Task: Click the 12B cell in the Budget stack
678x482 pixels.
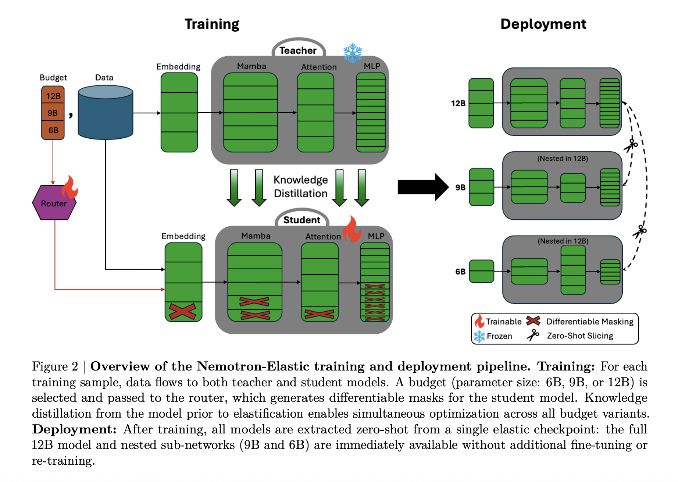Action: pyautogui.click(x=53, y=96)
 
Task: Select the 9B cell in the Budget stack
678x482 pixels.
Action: pyautogui.click(x=53, y=113)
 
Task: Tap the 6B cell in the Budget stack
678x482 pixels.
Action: pyautogui.click(x=53, y=130)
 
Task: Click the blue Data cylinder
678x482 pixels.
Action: pyautogui.click(x=106, y=112)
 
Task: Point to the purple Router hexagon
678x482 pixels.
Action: pyautogui.click(x=54, y=203)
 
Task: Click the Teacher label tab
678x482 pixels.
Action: pyautogui.click(x=298, y=50)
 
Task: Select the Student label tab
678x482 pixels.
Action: pyautogui.click(x=301, y=220)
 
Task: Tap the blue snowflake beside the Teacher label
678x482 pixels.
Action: pyautogui.click(x=353, y=53)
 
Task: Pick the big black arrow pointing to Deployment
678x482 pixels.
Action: pyautogui.click(x=423, y=187)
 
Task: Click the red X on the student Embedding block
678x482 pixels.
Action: pyautogui.click(x=182, y=311)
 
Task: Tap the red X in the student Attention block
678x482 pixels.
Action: pyautogui.click(x=319, y=314)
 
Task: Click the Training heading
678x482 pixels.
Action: pyautogui.click(x=212, y=24)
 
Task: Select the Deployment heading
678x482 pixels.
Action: pyautogui.click(x=543, y=24)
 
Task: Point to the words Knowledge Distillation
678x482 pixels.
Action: pyautogui.click(x=300, y=187)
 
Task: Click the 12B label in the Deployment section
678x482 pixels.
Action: pyautogui.click(x=458, y=103)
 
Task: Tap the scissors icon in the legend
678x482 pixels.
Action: pyautogui.click(x=533, y=335)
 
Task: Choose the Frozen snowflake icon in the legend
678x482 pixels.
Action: pyautogui.click(x=479, y=336)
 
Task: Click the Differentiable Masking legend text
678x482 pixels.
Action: pyautogui.click(x=590, y=322)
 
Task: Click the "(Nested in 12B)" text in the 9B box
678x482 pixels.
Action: pyautogui.click(x=563, y=159)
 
